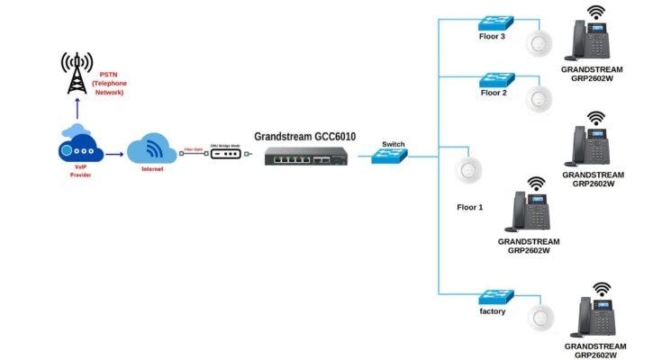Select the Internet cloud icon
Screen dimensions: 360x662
coord(150,149)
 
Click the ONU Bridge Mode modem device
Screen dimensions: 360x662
coord(225,154)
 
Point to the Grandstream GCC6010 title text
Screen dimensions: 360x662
coord(304,137)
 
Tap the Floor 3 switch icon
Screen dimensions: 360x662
coord(496,22)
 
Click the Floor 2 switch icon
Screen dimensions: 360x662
coord(496,77)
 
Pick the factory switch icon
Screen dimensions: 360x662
coord(496,296)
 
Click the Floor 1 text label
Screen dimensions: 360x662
coord(469,207)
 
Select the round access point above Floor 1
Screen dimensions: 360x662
coord(468,169)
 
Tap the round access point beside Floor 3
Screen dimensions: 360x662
coord(540,42)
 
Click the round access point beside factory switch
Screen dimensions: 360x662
coord(540,317)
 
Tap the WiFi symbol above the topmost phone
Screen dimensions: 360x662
coord(595,13)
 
